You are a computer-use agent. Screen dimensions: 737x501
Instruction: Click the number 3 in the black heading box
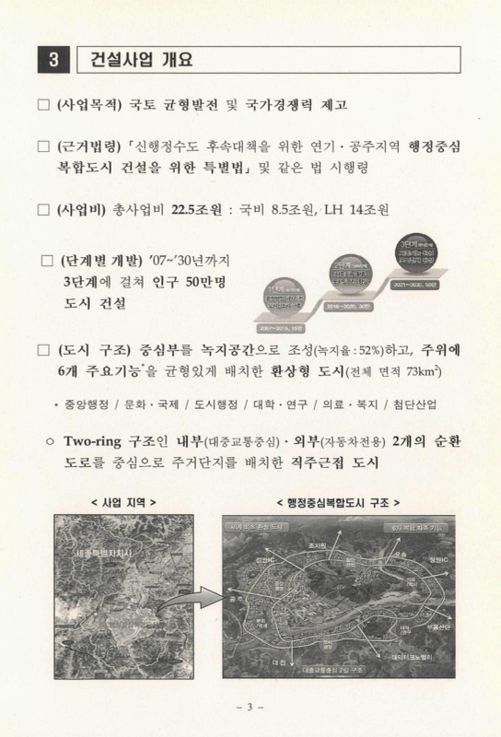(53, 61)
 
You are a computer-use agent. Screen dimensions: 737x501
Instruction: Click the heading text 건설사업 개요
(139, 61)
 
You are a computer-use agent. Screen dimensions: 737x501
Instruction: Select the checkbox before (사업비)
(42, 209)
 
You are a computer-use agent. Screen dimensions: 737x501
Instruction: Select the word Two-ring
(98, 439)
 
